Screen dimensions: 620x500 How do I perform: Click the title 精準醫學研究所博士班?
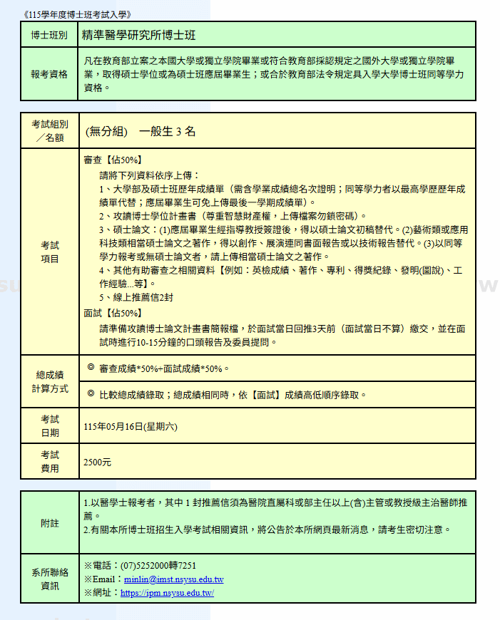point(139,34)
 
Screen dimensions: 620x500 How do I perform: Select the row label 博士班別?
point(49,35)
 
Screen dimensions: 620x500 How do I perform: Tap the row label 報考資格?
point(49,74)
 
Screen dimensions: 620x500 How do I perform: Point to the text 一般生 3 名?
point(168,131)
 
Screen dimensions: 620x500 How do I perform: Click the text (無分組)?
point(106,131)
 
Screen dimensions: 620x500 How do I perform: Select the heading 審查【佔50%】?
point(113,160)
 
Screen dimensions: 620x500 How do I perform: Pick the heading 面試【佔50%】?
point(113,313)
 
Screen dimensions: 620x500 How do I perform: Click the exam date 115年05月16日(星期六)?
point(131,426)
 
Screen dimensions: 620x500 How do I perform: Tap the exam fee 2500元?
point(98,462)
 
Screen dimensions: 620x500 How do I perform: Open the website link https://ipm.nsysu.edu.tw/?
point(168,593)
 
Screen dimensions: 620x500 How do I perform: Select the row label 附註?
point(49,523)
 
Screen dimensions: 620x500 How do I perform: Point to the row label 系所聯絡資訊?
point(49,579)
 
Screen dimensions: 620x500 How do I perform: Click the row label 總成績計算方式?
point(49,381)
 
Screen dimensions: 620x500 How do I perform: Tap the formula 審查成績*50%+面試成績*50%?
point(165,368)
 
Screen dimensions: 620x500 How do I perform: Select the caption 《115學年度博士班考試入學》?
point(76,14)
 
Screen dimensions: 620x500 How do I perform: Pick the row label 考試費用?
point(49,462)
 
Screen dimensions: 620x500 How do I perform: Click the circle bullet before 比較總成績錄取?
point(91,393)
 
